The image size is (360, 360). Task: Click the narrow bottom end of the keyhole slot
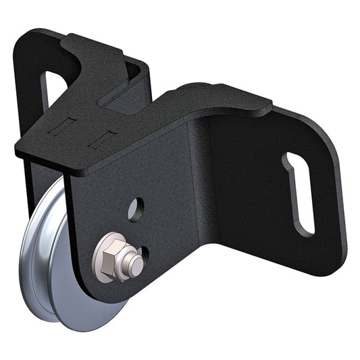pyautogui.click(x=307, y=226)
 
